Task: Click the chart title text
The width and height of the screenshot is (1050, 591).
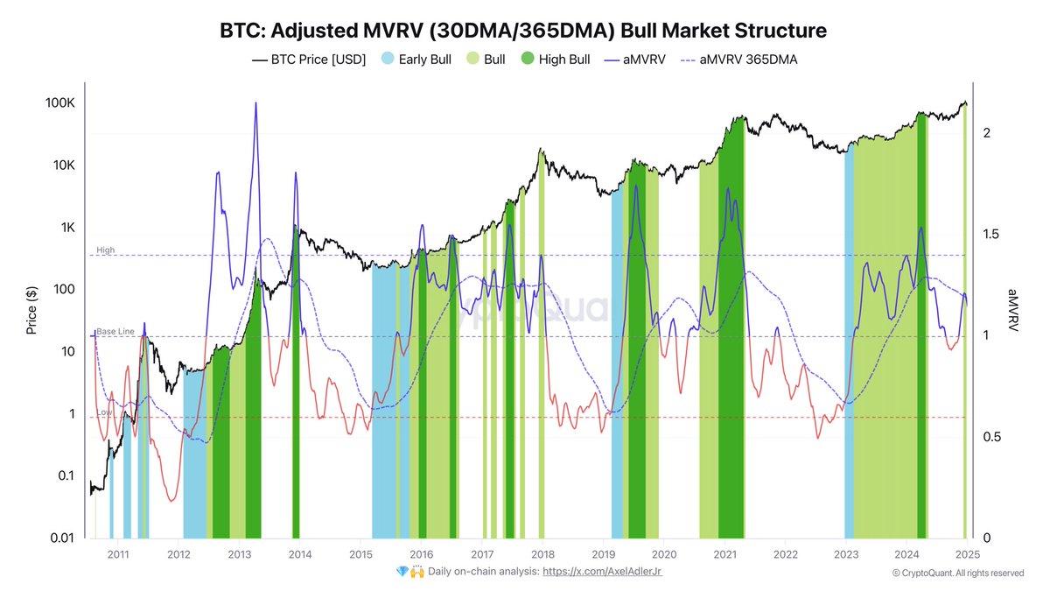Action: click(522, 32)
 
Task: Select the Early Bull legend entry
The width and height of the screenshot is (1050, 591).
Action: click(416, 60)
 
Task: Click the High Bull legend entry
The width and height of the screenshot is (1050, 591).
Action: click(556, 60)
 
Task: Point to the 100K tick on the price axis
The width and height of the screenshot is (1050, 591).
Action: click(61, 103)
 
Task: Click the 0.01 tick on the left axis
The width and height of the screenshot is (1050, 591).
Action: click(61, 538)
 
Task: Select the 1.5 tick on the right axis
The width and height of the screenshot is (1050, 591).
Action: click(991, 235)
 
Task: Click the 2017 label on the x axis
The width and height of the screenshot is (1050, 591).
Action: click(481, 554)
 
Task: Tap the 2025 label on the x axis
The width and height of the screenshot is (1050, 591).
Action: click(966, 554)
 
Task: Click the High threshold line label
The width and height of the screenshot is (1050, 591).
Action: click(106, 250)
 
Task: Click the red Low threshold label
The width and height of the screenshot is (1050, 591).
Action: click(104, 412)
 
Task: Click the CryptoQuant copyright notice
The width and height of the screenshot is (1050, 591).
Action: click(957, 573)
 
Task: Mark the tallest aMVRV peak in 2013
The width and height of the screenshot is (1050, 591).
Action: click(255, 103)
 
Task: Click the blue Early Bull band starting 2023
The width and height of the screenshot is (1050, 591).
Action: click(849, 350)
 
